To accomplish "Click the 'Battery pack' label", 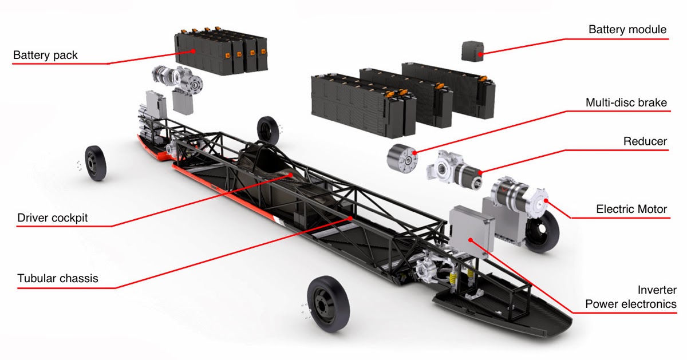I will tap(45, 56).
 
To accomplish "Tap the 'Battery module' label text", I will tap(627, 30).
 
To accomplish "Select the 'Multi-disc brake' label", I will tap(626, 103).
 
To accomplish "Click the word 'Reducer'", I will tap(645, 141).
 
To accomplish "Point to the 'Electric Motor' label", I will tap(631, 209).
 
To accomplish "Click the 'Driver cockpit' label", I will tap(53, 218).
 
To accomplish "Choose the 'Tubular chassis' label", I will tap(57, 279).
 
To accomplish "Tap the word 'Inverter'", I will tap(657, 290).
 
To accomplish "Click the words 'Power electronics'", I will tap(630, 304).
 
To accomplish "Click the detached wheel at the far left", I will tap(95, 163).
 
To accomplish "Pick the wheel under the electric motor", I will tap(542, 232).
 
